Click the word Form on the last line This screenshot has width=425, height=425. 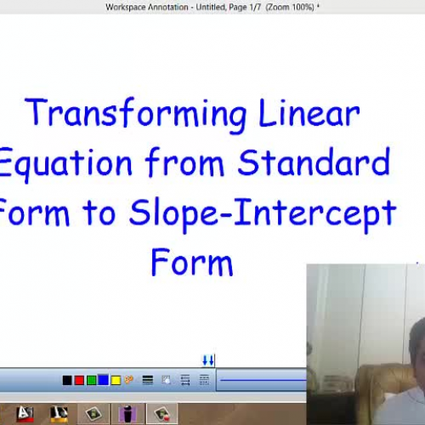[191, 263]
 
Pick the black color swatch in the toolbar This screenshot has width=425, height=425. [67, 380]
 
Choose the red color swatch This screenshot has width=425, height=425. [79, 380]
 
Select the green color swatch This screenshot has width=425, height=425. [91, 380]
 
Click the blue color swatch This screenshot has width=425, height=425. [103, 380]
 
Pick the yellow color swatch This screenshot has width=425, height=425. [116, 380]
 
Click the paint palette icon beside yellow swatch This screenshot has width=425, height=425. [129, 380]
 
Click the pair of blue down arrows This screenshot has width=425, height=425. [207, 360]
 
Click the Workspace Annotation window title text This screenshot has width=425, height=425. [212, 7]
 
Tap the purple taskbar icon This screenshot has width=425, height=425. [127, 414]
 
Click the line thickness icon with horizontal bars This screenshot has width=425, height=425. [148, 380]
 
